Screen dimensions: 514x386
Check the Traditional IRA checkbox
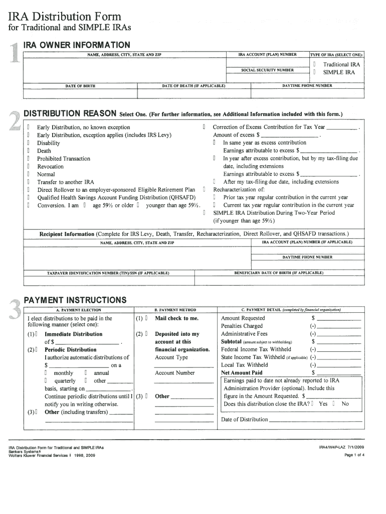coord(314,65)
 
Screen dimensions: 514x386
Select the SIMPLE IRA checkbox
coord(314,72)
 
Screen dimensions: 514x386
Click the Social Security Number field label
coord(267,70)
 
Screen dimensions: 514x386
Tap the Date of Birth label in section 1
coord(80,86)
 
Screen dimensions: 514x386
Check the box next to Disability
coord(29,143)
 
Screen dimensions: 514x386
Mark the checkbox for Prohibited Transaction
coord(29,159)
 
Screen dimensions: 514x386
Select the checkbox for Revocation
coord(29,167)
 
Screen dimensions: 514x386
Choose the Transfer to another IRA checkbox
coord(29,182)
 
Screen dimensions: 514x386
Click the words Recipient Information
coord(67,234)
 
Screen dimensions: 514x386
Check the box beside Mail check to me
coord(146,318)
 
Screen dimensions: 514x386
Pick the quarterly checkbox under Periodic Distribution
coord(46,381)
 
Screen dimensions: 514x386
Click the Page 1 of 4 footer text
coord(354,455)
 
